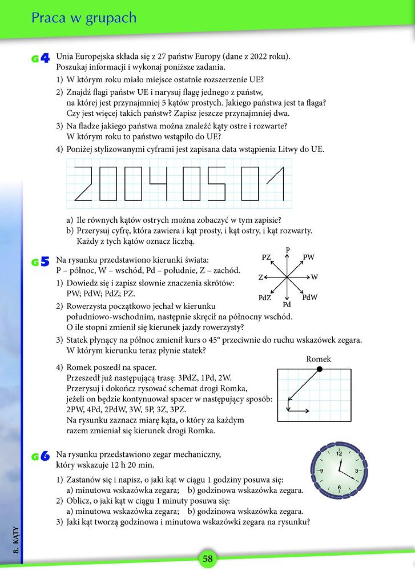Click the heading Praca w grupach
[84, 18]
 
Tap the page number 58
[207, 558]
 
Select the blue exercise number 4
[45, 58]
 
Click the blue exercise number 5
[45, 262]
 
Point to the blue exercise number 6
[45, 456]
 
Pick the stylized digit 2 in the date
[83, 183]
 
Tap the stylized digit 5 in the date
[217, 183]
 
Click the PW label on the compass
[308, 257]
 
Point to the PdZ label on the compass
[264, 297]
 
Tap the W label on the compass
[314, 277]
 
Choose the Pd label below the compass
[287, 305]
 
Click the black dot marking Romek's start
[319, 369]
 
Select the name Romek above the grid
[318, 359]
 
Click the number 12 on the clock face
[339, 453]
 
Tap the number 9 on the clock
[321, 470]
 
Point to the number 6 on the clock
[339, 488]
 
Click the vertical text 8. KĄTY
[16, 540]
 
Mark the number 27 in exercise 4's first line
[161, 57]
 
